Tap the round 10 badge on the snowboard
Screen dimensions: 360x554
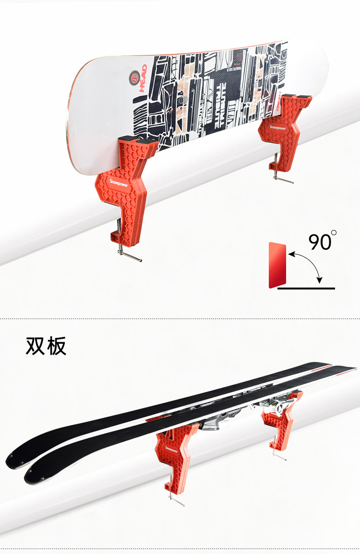click(134, 75)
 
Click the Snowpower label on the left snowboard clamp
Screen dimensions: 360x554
click(109, 183)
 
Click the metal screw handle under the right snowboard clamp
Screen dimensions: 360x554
click(284, 180)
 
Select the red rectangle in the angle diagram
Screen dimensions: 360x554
click(277, 265)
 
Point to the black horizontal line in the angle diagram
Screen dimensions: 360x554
click(306, 289)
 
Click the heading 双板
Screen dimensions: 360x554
click(46, 346)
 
